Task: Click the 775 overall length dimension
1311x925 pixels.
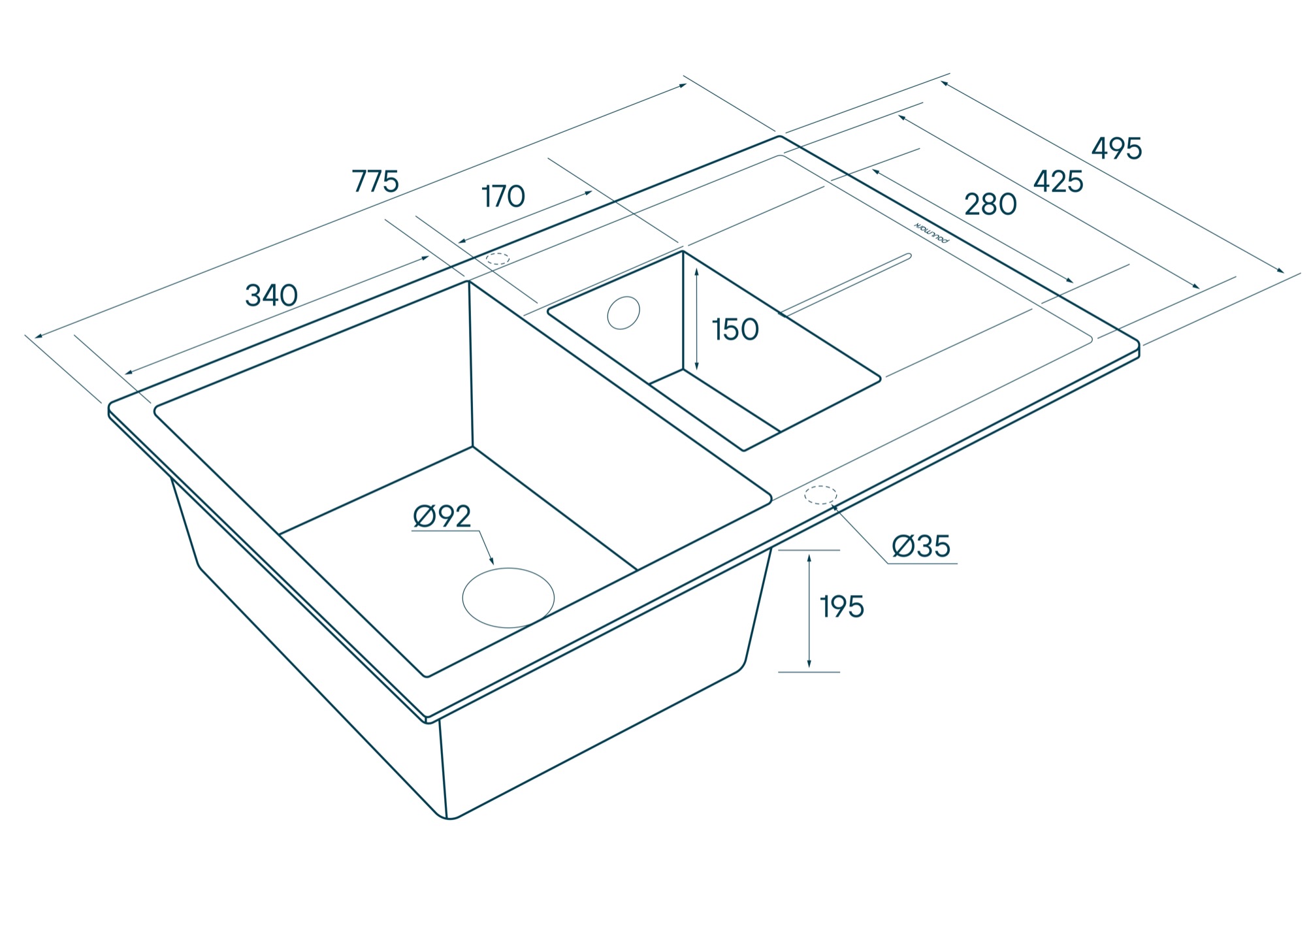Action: coord(375,181)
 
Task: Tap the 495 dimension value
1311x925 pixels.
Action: coord(1116,149)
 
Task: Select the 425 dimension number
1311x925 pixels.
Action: coord(1058,182)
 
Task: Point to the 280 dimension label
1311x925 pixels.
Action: coord(990,205)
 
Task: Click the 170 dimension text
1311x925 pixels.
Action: coord(503,197)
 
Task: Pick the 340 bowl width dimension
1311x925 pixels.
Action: coord(271,295)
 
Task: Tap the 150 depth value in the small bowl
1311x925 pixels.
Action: coord(735,330)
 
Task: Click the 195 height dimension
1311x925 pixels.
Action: coord(842,608)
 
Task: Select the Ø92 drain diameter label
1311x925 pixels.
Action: coord(442,517)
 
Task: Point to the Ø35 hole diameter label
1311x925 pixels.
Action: coord(921,546)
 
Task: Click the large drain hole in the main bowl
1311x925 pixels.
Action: coord(508,598)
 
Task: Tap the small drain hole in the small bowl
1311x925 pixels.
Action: coord(623,313)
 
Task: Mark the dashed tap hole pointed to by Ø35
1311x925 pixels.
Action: coord(820,495)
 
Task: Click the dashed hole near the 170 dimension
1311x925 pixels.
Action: coord(498,259)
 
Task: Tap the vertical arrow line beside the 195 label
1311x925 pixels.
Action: coord(809,611)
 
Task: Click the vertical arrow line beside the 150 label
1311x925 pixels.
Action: coord(697,320)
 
